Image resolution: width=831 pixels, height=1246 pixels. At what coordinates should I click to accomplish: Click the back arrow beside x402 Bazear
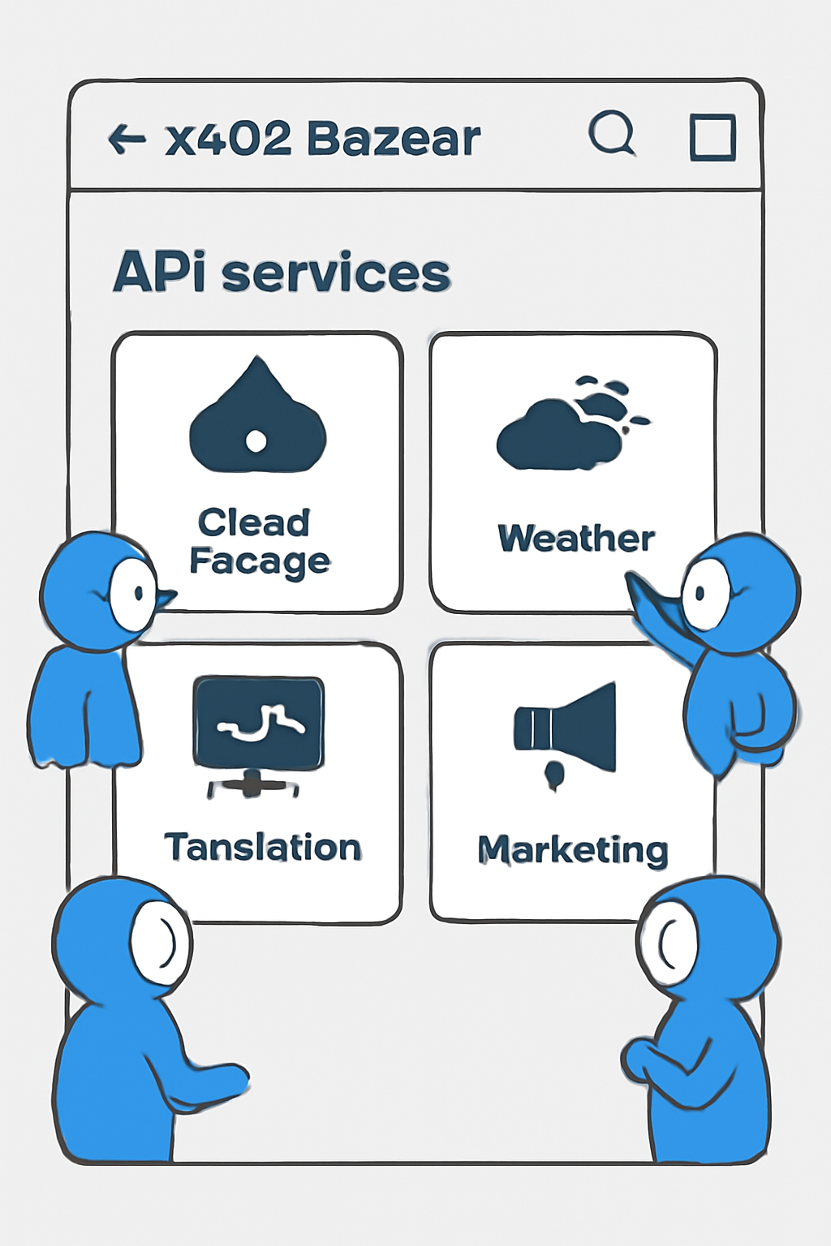tap(127, 139)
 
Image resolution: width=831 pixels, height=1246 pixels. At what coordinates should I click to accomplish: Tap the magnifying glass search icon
tap(611, 133)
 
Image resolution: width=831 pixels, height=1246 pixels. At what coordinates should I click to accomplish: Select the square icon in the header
tap(713, 137)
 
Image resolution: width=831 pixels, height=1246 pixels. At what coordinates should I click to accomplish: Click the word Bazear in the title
tap(394, 139)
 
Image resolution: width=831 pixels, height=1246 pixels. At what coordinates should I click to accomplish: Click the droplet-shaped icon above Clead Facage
tap(257, 418)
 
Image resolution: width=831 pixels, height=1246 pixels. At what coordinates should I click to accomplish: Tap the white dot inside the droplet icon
tap(256, 441)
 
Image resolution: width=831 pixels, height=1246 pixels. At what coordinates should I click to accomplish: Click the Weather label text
tap(576, 539)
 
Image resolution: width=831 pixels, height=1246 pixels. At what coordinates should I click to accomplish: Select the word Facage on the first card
tap(260, 561)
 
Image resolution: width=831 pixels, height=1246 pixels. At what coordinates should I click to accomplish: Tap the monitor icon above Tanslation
tap(258, 724)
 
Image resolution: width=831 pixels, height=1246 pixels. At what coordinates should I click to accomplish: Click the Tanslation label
tap(263, 848)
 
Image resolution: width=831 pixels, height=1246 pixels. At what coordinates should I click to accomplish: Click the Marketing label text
tap(573, 850)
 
